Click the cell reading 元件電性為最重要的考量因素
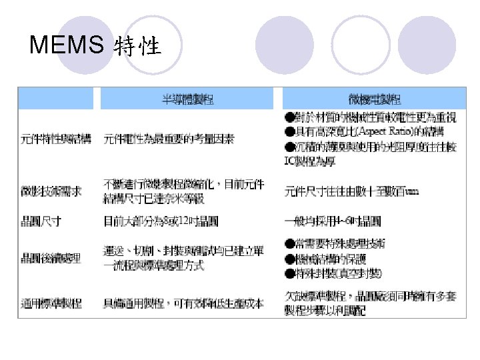pyautogui.click(x=168, y=139)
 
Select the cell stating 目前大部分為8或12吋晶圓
pyautogui.click(x=161, y=219)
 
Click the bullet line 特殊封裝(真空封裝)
pyautogui.click(x=341, y=272)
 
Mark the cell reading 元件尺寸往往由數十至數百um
pyautogui.click(x=351, y=191)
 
